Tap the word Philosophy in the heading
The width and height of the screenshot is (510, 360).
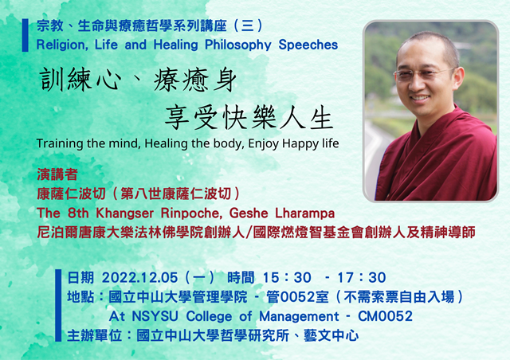pos(237,45)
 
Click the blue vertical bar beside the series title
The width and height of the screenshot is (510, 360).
pos(25,35)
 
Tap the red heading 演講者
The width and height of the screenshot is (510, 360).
pos(57,174)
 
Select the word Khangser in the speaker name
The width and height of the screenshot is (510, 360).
pos(124,213)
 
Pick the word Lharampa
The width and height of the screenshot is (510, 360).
pos(304,213)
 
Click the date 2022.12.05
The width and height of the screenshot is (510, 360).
pos(139,278)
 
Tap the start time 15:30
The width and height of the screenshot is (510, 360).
pos(287,278)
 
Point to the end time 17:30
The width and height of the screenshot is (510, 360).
pos(361,278)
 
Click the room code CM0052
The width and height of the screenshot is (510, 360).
pos(385,316)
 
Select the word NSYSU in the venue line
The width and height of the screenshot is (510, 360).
pos(155,316)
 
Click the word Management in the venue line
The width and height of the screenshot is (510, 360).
pos(299,316)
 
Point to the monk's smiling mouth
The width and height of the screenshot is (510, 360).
pos(420,97)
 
